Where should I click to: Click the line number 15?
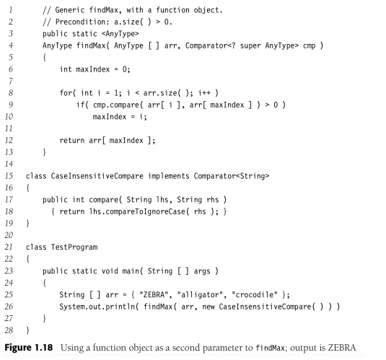tap(9, 176)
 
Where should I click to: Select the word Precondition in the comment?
tap(82, 22)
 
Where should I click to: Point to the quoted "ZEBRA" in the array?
tap(154, 295)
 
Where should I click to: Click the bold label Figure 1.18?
tap(29, 348)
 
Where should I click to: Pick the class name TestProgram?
tap(74, 247)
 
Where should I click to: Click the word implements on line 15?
tap(168, 176)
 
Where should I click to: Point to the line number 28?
tap(9, 330)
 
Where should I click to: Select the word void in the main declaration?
tap(110, 271)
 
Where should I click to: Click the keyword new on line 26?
tap(209, 307)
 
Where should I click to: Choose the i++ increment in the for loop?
tap(205, 93)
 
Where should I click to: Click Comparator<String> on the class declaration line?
tap(232, 176)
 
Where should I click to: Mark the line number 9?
tap(11, 105)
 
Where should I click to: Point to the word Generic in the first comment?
tap(70, 10)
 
